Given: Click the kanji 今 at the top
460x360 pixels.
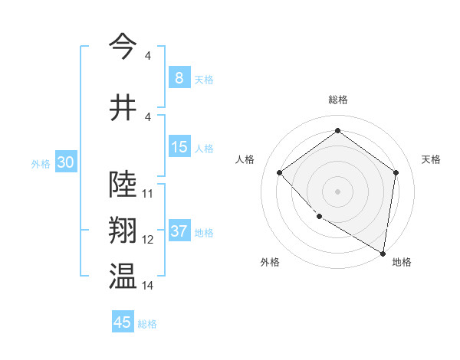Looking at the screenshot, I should (x=123, y=46).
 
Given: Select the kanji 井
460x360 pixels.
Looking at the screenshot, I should (x=123, y=106).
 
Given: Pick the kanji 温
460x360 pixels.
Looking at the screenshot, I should (x=123, y=277).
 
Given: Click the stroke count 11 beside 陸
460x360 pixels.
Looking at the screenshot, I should (x=148, y=194).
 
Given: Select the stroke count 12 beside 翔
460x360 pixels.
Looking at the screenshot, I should (x=148, y=240).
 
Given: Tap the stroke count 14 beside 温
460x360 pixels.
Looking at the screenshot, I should (x=148, y=286).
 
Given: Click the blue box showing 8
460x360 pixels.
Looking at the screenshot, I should (x=179, y=77).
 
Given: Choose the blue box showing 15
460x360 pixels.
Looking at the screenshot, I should (x=179, y=147).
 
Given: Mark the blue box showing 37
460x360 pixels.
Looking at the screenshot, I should (x=179, y=231).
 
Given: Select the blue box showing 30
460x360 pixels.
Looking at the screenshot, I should (x=65, y=162).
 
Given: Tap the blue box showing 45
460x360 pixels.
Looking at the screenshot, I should (x=123, y=322).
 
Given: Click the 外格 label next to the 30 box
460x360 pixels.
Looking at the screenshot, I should (x=41, y=163).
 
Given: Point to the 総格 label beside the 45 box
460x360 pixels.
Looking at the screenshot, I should (x=147, y=324).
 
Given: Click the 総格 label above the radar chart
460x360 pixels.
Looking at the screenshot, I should (x=337, y=100).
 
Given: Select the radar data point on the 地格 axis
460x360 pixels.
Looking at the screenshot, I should (x=383, y=253).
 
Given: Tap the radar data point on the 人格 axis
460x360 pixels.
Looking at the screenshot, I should (x=280, y=173).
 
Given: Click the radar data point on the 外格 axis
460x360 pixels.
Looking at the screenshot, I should (x=319, y=217).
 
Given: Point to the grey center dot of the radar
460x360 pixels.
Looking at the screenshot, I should (x=337, y=191).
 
